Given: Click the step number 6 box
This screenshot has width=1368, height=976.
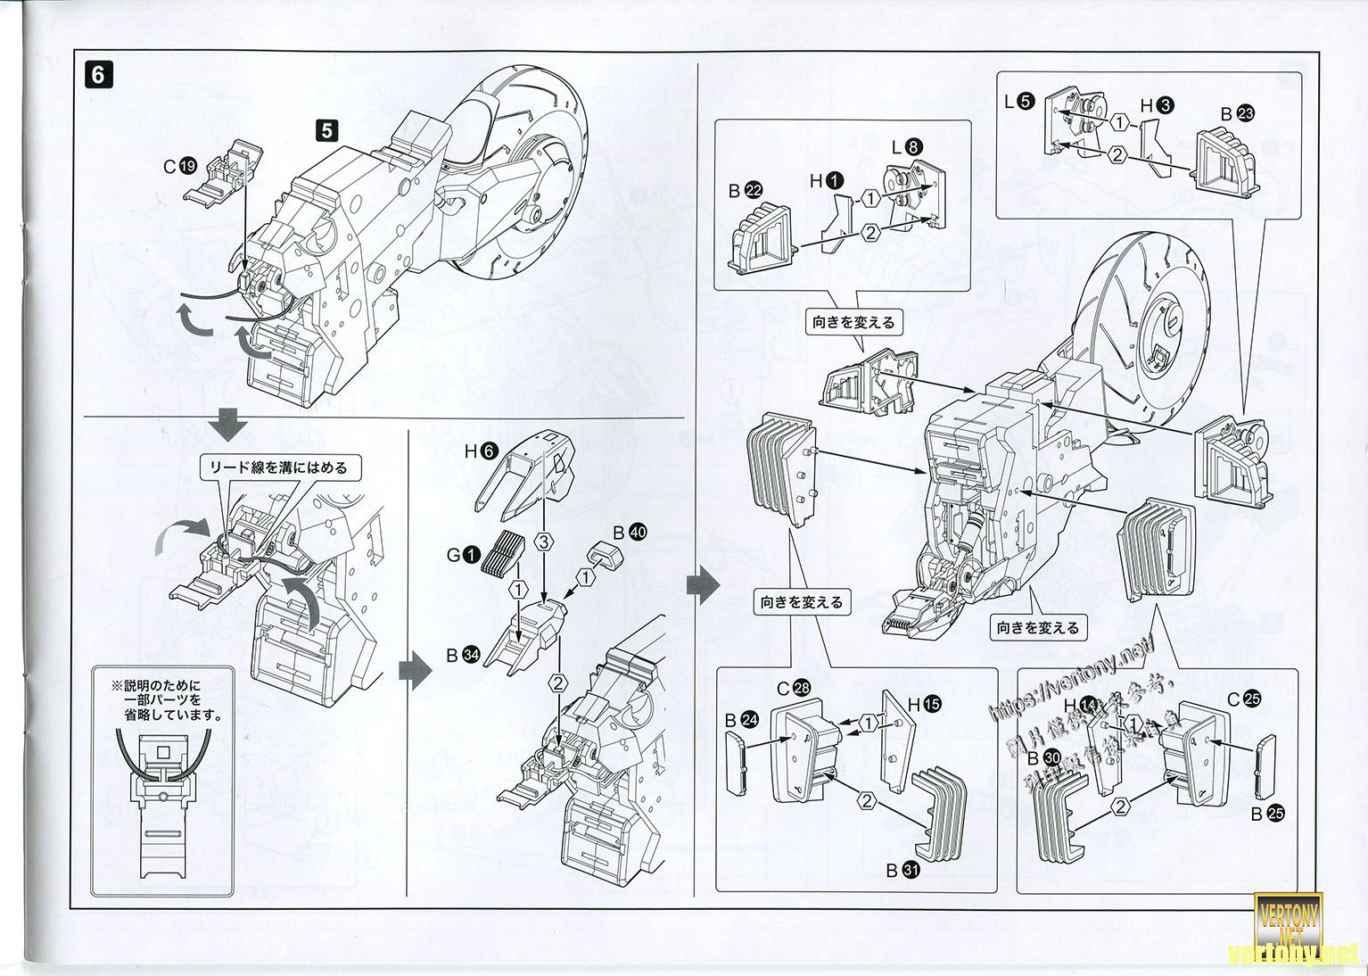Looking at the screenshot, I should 98,74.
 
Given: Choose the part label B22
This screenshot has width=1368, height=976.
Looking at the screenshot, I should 745,191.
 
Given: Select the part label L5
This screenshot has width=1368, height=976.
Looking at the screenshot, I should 1018,101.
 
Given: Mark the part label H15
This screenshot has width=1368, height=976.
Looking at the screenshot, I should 924,705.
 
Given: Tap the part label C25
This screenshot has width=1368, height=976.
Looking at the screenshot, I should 1242,699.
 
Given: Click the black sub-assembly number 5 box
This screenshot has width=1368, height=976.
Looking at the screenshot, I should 326,130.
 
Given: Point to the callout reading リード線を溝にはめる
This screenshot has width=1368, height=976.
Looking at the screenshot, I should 277,467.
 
